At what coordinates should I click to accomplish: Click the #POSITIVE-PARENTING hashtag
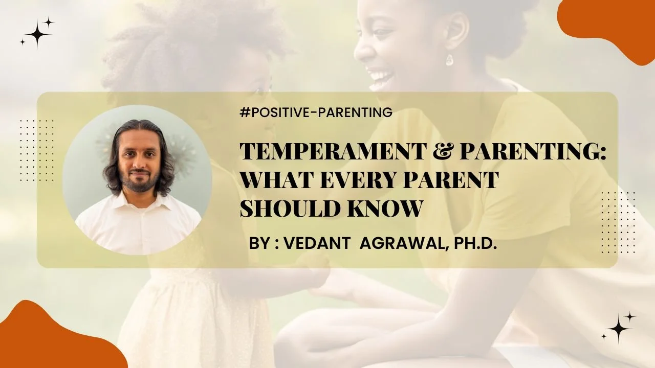[316, 112]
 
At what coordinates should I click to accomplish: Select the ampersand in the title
[442, 152]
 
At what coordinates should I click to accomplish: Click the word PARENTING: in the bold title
[533, 152]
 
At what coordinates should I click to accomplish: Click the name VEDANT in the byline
[316, 243]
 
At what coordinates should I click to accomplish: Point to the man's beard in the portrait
[140, 181]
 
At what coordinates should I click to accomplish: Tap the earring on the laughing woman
[449, 60]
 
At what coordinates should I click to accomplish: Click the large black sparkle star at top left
[37, 35]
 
